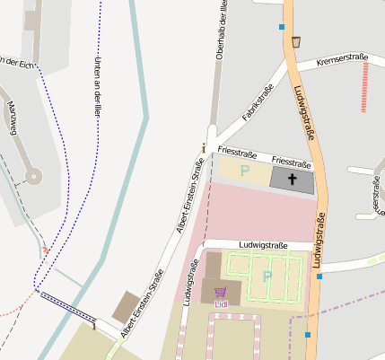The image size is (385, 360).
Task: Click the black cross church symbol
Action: (293, 180)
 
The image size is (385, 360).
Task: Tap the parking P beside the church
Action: (244, 171)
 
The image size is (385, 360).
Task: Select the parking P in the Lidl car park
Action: (267, 276)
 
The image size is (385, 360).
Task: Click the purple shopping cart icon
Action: (220, 292)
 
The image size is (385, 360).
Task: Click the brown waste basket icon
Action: (295, 40)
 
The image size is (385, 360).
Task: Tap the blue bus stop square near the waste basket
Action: (282, 27)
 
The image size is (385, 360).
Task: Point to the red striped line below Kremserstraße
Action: (364, 86)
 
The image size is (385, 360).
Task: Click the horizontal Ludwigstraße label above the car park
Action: (263, 245)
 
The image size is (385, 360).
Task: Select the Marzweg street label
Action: (13, 119)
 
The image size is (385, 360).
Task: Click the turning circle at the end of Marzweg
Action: (34, 177)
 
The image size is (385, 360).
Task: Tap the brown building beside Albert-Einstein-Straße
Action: (126, 306)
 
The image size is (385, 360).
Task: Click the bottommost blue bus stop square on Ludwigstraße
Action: (308, 335)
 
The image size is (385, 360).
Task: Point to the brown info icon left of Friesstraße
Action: (205, 147)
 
